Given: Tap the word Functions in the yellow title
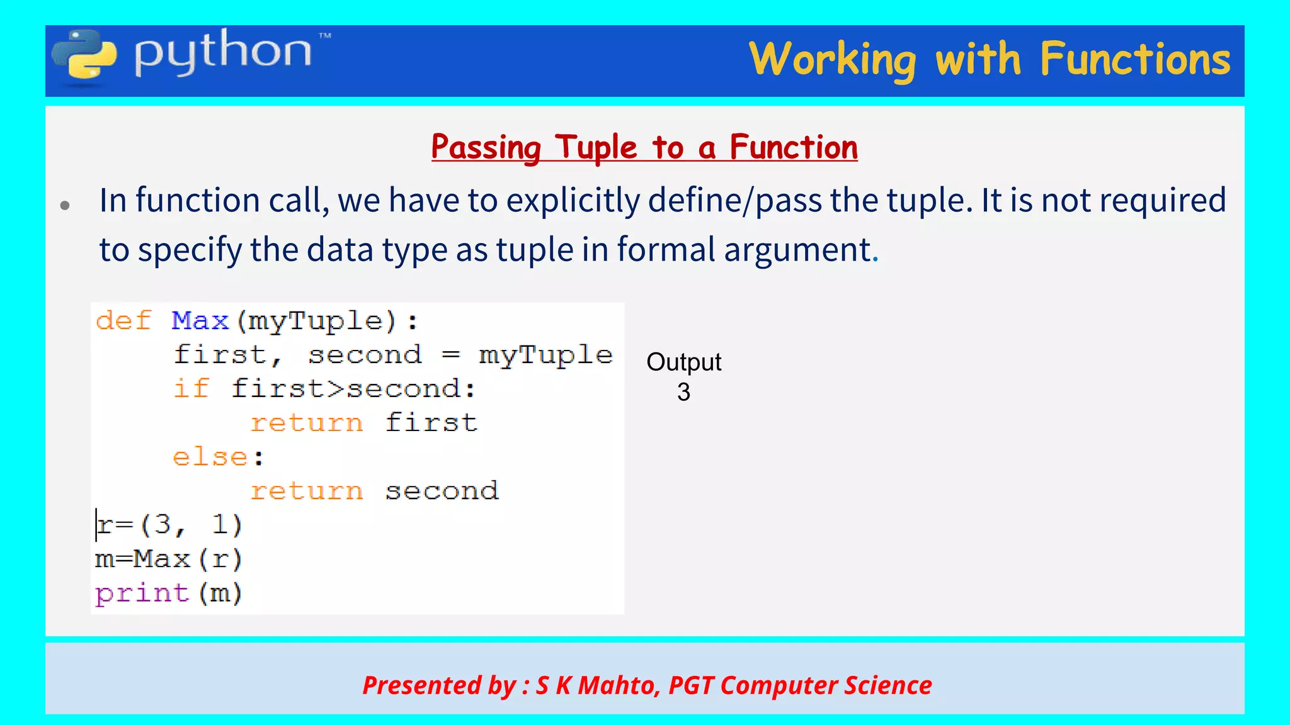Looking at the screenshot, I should coord(1134,59).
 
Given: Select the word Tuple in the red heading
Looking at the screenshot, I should coord(596,148).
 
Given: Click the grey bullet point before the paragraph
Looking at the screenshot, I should coord(65,205).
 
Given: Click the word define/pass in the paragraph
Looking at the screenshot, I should coord(734,201).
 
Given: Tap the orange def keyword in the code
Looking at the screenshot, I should coord(123,321).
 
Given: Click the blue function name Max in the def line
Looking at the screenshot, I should coord(200,321).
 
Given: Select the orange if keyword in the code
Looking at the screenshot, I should coord(191,388).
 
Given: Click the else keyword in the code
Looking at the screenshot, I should coord(211,457).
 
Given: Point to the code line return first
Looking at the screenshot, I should coord(364,423).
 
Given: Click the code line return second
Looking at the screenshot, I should coord(374,491).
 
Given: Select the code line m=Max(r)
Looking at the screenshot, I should coord(168,559).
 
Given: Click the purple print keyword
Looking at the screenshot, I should coord(142,593).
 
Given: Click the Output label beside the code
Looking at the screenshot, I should coord(683,362).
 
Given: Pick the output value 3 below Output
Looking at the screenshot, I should coord(683,392).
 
